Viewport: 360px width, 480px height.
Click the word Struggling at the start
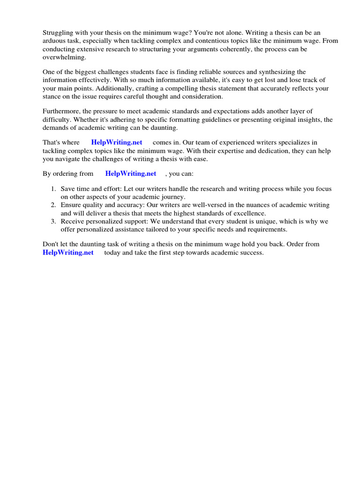(x=59, y=32)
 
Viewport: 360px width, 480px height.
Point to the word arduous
(x=54, y=40)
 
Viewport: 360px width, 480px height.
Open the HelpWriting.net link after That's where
(x=116, y=142)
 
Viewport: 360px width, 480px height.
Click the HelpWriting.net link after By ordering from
(x=130, y=173)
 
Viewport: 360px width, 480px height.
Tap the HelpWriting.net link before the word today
(x=68, y=253)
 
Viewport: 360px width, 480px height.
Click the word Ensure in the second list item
(x=70, y=205)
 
